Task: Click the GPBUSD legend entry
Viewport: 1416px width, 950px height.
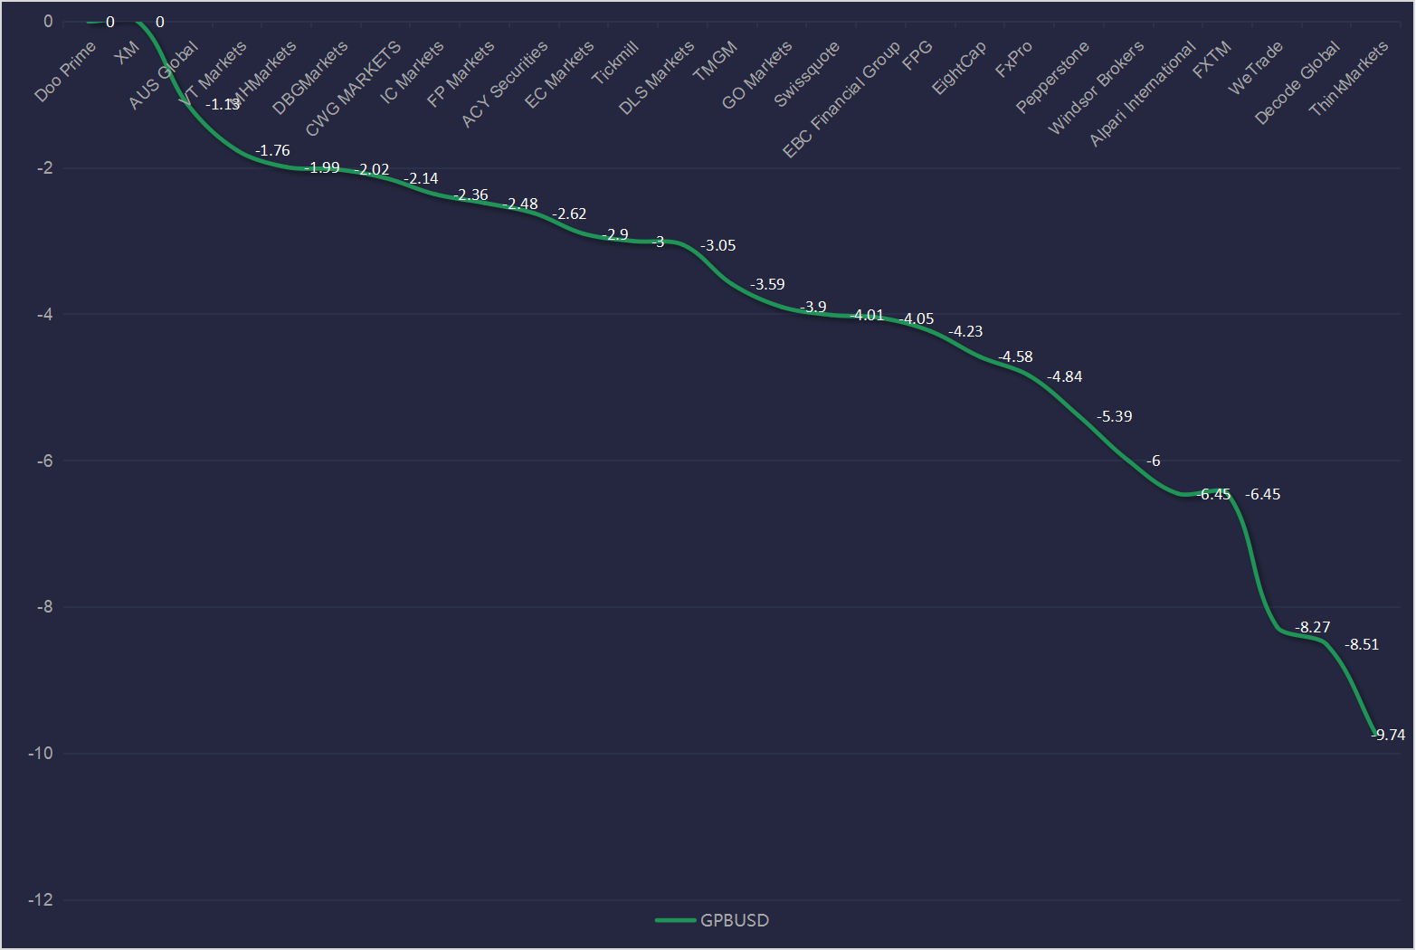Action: click(713, 920)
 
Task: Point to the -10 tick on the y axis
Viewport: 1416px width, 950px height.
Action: click(40, 754)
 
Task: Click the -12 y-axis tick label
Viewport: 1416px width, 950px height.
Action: click(40, 900)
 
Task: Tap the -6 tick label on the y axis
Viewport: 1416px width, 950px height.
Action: click(44, 461)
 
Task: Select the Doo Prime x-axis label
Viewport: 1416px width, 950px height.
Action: click(65, 71)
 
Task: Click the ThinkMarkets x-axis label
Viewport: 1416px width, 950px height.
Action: click(1348, 79)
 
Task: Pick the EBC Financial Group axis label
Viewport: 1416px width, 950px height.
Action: click(841, 99)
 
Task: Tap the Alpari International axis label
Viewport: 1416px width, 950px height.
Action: click(1142, 94)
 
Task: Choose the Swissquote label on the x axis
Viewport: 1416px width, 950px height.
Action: click(807, 74)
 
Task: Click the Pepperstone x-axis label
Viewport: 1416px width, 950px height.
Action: click(1052, 77)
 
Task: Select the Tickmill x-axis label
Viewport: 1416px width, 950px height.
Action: click(615, 62)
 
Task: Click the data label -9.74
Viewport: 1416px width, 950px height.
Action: click(1389, 735)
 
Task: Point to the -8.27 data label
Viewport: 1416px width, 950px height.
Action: click(1312, 627)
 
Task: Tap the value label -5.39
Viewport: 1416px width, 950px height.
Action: click(1114, 416)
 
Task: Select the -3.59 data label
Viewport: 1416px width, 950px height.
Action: click(767, 284)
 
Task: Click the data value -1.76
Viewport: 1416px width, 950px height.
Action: click(272, 151)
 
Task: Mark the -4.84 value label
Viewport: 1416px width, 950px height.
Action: click(1065, 376)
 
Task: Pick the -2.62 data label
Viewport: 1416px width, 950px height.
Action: click(569, 214)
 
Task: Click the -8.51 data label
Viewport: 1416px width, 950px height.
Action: click(1361, 644)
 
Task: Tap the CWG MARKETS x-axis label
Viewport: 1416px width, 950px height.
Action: click(353, 89)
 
